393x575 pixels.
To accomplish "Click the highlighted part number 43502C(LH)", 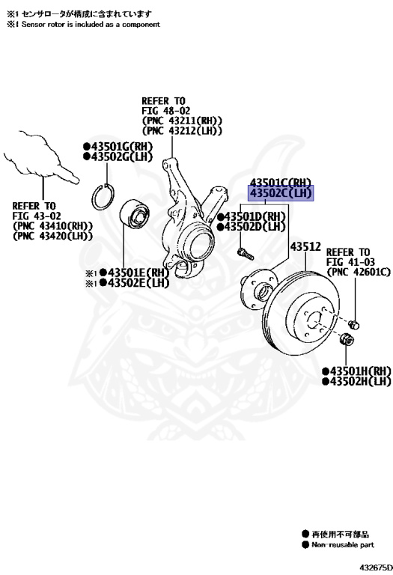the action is [281, 193].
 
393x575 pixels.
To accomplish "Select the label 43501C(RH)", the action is [281, 182].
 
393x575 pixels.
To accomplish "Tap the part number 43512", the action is [305, 246].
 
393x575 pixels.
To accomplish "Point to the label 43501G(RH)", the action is [118, 146].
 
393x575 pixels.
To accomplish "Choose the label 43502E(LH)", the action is [134, 283].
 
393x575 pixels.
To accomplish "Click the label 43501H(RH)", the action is [357, 371].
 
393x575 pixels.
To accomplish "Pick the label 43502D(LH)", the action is [251, 227].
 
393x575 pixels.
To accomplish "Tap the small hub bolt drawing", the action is [246, 253].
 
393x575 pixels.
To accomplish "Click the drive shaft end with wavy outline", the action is [41, 158].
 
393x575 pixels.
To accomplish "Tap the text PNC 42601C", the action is [359, 272].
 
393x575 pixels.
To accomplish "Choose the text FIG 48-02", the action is [166, 110].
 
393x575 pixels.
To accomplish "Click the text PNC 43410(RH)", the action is [52, 226].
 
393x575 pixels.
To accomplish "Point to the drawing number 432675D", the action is [376, 568].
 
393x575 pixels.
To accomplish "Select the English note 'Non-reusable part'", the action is [342, 545].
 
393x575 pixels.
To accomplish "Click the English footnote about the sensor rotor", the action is [83, 25].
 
